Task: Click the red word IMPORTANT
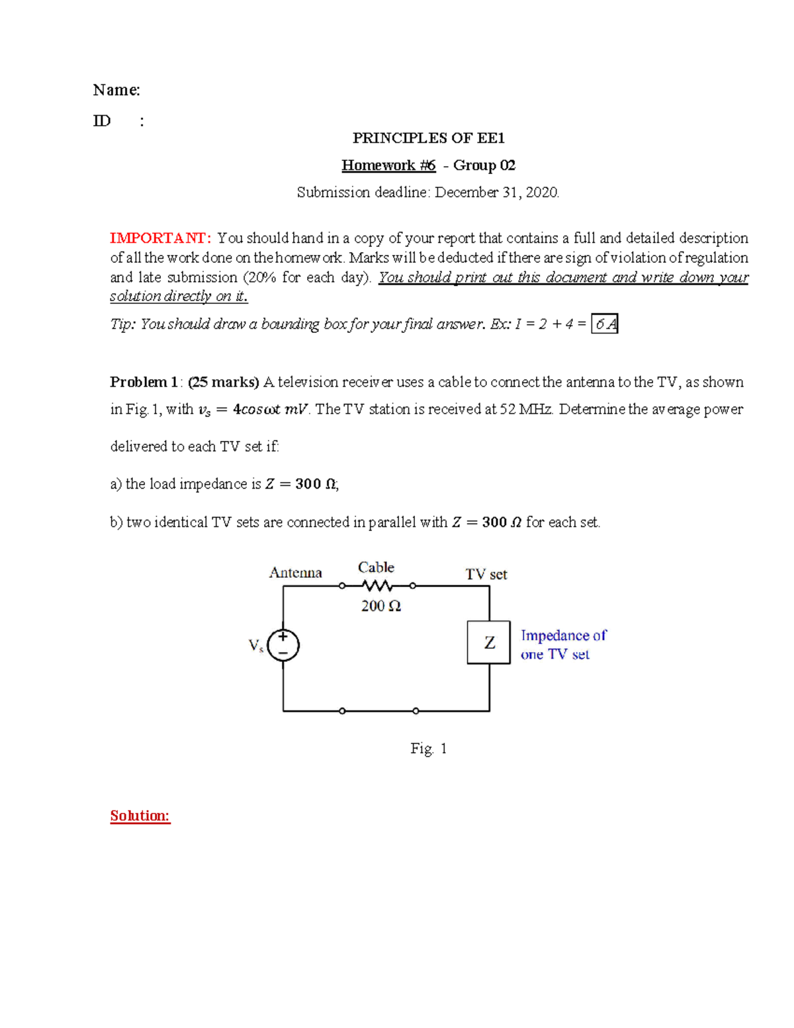pyautogui.click(x=160, y=238)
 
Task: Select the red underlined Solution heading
pyautogui.click(x=140, y=816)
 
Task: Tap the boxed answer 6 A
pyautogui.click(x=605, y=324)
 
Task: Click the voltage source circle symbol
pyautogui.click(x=283, y=645)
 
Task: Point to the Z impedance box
pyautogui.click(x=489, y=642)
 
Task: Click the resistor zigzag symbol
pyautogui.click(x=377, y=586)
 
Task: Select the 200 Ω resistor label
pyautogui.click(x=380, y=606)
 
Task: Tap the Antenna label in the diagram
pyautogui.click(x=295, y=573)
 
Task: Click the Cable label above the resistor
pyautogui.click(x=376, y=567)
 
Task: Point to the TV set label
pyautogui.click(x=486, y=574)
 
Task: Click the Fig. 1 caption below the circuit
pyautogui.click(x=428, y=749)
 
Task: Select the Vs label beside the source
pyautogui.click(x=256, y=645)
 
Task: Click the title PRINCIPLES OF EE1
pyautogui.click(x=428, y=138)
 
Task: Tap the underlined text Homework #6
pyautogui.click(x=388, y=165)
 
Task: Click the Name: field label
pyautogui.click(x=116, y=90)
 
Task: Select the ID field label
pyautogui.click(x=102, y=120)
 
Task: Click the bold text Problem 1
pyautogui.click(x=144, y=382)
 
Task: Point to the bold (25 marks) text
pyautogui.click(x=224, y=382)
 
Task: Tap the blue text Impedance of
pyautogui.click(x=563, y=635)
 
